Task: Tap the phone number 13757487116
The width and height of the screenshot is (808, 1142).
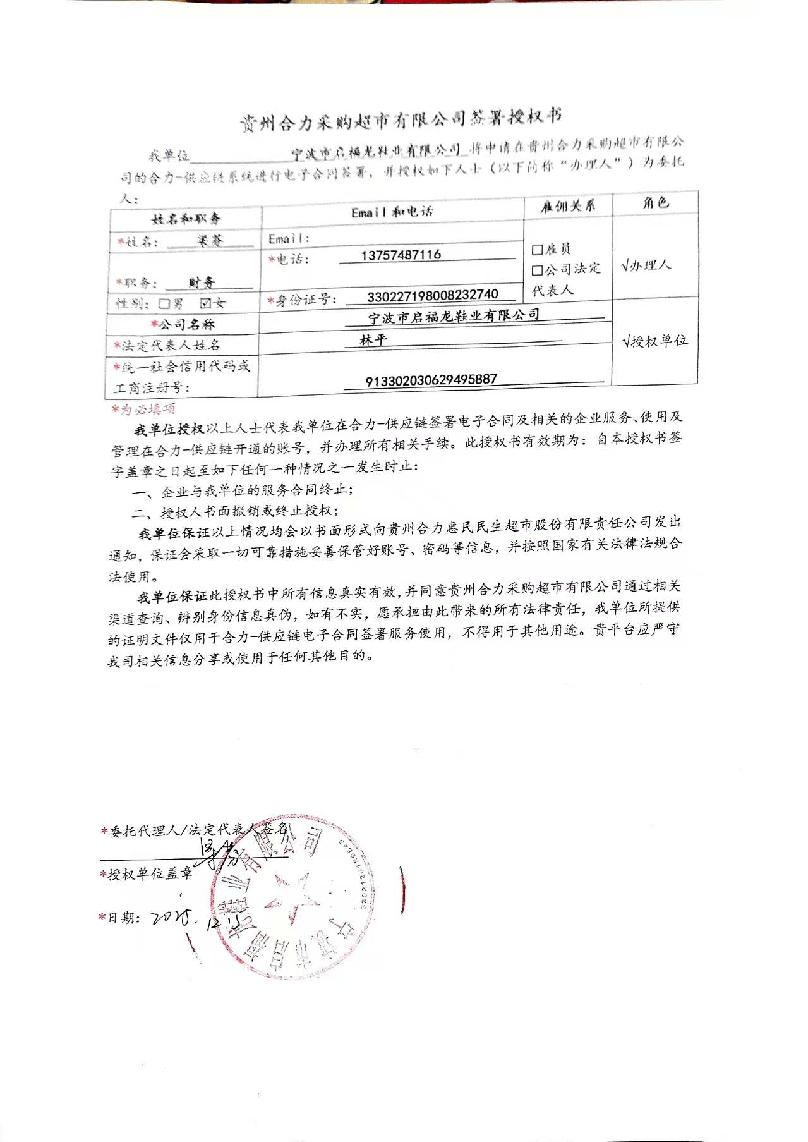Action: point(401,255)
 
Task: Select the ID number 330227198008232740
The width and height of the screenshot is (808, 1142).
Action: point(432,295)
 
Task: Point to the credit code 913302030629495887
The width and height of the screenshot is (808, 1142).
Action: point(431,380)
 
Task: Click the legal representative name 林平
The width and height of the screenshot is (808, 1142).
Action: point(373,340)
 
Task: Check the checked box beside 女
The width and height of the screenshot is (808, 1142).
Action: point(205,303)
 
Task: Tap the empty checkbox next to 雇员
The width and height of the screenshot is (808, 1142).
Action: point(537,250)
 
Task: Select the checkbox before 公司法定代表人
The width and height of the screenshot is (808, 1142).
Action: point(537,270)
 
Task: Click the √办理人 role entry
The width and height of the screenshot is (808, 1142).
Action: point(646,265)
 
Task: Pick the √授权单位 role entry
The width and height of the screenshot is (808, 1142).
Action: point(654,341)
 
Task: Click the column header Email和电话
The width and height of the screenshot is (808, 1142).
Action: point(392,212)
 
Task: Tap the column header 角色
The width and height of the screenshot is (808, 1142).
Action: point(655,203)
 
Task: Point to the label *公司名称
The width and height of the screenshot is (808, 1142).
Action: point(183,324)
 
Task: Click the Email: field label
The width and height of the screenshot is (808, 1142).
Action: point(289,239)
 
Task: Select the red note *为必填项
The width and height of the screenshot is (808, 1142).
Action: point(143,409)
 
